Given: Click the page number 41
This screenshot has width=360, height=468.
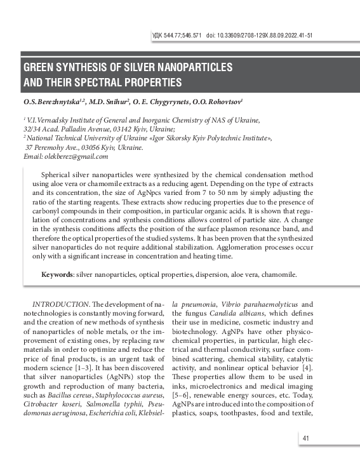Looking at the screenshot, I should [305, 438].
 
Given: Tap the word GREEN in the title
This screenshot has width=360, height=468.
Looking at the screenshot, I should [40, 67].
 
